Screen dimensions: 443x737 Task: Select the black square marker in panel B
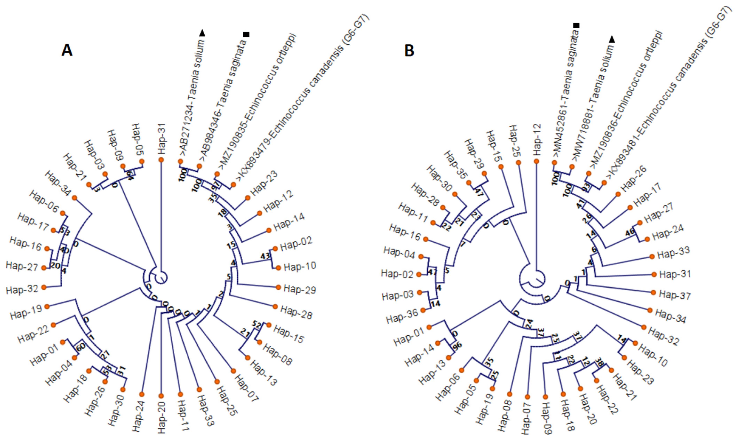point(576,26)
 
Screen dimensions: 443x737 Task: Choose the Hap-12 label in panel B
point(537,140)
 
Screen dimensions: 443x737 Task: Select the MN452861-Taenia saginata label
point(566,96)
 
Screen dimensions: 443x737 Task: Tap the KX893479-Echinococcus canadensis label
point(301,99)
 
